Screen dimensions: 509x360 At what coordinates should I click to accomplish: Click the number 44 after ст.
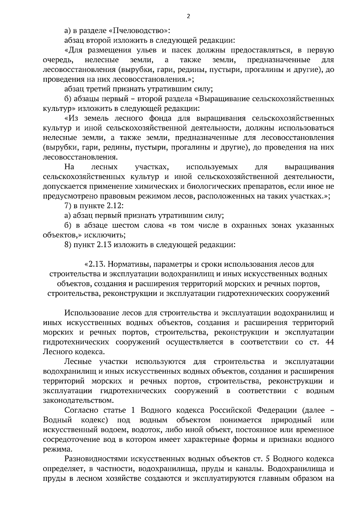329,342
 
